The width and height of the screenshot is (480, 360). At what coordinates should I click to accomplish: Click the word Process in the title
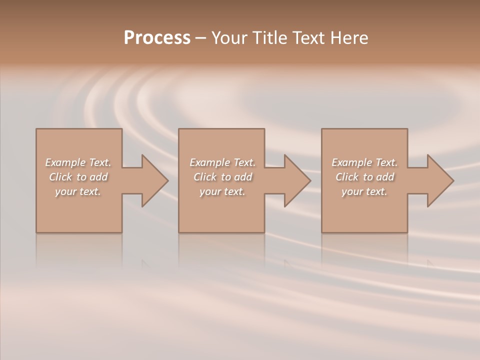coord(157,38)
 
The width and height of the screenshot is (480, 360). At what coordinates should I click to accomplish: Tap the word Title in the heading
coord(270,38)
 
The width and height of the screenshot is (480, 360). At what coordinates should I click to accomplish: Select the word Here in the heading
coord(349,38)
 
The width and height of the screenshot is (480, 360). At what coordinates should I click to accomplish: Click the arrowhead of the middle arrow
coord(298,181)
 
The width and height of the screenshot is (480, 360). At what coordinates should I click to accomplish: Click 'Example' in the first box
coord(65,162)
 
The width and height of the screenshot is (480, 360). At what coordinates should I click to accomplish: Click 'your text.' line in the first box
coord(78,191)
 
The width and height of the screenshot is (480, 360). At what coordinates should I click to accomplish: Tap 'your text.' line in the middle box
coord(222,191)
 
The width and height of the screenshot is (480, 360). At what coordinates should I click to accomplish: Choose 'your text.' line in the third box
coord(364,191)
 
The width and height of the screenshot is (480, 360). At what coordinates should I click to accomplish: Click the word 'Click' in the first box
coord(60,177)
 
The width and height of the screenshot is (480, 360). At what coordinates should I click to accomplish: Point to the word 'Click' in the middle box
coord(205,177)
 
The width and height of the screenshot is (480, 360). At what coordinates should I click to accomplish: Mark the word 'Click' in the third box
coord(347,177)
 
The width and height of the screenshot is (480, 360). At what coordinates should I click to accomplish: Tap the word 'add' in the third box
coord(385,177)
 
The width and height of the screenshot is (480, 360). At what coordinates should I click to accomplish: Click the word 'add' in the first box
coord(98,177)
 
